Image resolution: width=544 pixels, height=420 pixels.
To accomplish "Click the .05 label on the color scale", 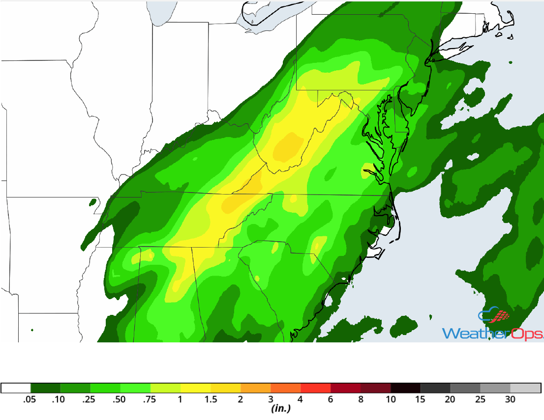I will coord(30,400).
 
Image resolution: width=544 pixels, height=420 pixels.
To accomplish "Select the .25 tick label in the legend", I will coord(90,400).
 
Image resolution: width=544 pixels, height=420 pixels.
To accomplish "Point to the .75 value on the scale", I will coord(150,400).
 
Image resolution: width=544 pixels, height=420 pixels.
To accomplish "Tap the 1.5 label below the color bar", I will coord(211,400).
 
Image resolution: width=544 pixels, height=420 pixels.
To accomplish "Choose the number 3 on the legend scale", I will coord(271,400).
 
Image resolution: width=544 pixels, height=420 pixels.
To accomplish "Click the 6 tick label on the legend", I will coord(331,400).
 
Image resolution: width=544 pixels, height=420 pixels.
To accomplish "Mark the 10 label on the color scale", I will coord(391,400).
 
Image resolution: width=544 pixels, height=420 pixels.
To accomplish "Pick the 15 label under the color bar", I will coord(421,400).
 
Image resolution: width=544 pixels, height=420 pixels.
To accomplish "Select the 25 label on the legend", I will coord(480,400).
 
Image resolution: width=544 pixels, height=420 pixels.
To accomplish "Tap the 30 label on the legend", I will coord(510,400).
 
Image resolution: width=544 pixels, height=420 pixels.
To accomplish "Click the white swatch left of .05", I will coord(16,388).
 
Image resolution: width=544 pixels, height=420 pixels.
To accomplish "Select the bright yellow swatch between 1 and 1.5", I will coord(195,388).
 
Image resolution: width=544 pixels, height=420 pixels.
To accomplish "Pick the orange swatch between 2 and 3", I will coord(256,388).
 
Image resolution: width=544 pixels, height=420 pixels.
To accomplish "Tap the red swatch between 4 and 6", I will coord(316,388).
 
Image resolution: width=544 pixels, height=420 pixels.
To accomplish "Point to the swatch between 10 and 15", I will coord(406,388).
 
